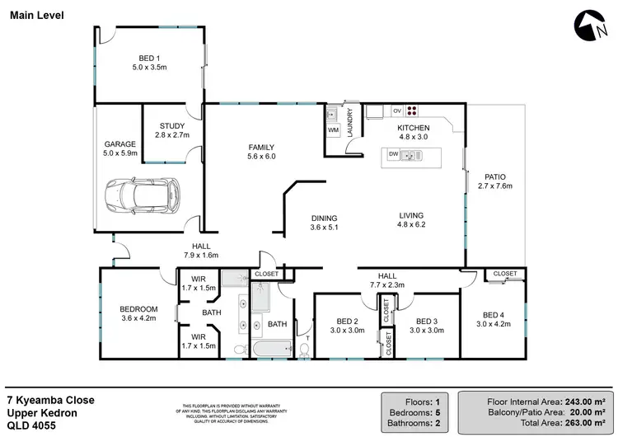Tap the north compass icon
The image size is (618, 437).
click(590, 26)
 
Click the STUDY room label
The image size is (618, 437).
click(173, 130)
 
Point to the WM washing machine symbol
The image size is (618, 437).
click(334, 130)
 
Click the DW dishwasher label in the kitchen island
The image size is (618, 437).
click(393, 154)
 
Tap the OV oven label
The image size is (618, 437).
click(396, 110)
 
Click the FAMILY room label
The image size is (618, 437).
click(261, 152)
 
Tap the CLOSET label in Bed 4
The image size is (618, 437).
click(504, 274)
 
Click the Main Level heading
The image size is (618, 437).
click(35, 16)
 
